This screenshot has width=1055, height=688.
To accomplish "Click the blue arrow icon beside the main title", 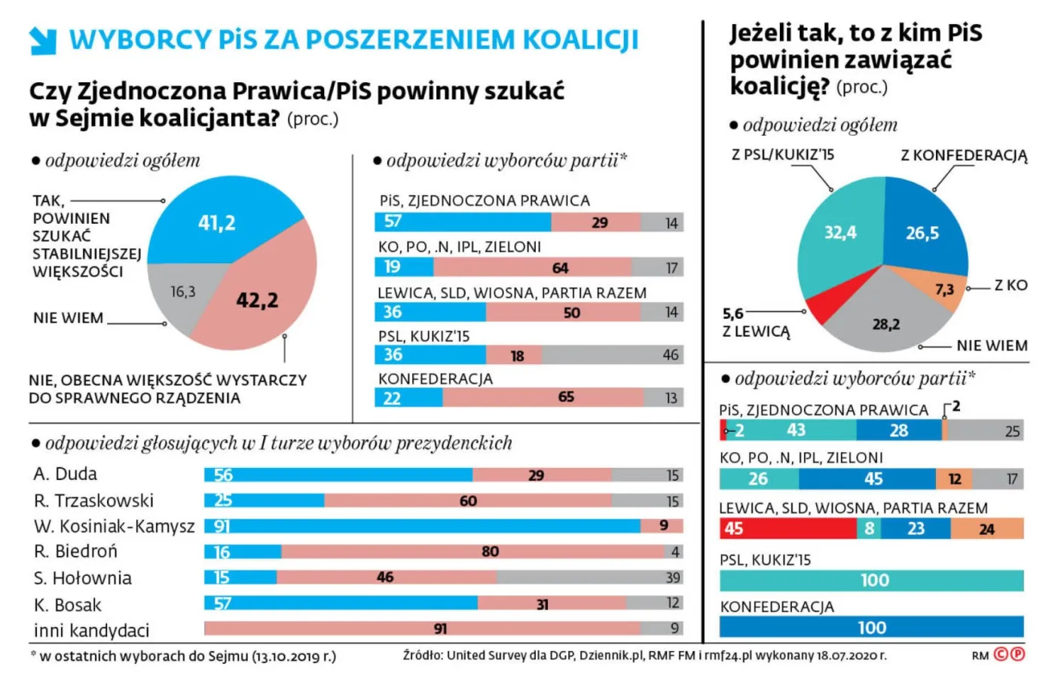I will click(x=43, y=41).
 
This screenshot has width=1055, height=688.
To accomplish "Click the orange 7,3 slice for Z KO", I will click(x=942, y=289).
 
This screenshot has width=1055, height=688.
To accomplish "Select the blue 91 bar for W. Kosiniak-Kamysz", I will click(x=422, y=526).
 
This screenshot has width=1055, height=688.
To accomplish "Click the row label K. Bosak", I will click(x=67, y=605).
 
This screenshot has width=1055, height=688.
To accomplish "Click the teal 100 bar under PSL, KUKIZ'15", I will click(x=871, y=580).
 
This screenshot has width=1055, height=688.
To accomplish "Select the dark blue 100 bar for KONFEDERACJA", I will click(x=871, y=627).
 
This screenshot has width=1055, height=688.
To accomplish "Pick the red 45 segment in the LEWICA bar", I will click(x=787, y=529).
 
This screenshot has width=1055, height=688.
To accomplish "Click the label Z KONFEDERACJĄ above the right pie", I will click(x=963, y=156).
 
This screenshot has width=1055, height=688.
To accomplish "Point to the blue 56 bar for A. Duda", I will click(x=338, y=475).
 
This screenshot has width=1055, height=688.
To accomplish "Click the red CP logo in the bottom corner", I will click(x=1009, y=654).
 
